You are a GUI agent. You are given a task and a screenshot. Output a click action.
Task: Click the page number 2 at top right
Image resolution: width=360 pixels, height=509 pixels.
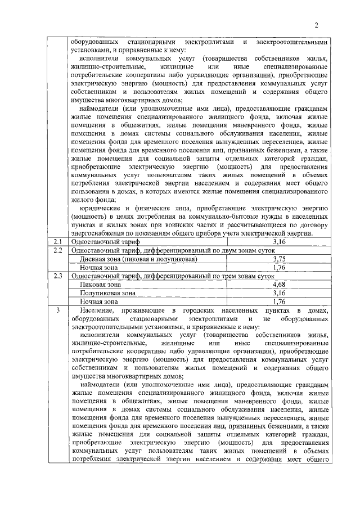[x=316, y=25]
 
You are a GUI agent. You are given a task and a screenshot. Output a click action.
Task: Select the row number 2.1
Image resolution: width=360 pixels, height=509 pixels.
[x=56, y=242]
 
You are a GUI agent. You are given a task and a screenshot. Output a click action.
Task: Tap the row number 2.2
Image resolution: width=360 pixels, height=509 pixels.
[x=56, y=250]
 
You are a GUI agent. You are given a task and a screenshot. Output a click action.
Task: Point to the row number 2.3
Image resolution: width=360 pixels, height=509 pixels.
[x=56, y=276]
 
